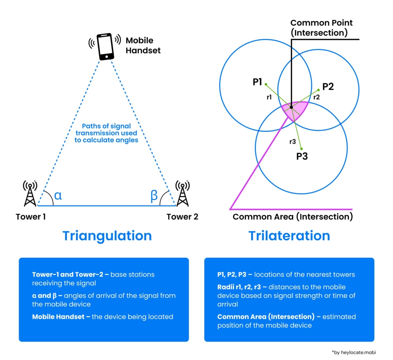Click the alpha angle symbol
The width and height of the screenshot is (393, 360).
pos(58,195)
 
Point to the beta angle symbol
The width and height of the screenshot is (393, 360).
pos(154,195)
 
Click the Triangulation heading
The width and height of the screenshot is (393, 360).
pos(107,236)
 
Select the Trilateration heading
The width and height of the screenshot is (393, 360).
pos(289,236)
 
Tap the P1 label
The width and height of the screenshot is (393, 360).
pos(257,82)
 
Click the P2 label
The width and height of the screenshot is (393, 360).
pos(328,86)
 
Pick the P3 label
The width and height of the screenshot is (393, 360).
pos(302,157)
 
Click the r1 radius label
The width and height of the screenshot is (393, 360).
pos(269,97)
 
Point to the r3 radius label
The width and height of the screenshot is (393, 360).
pos(293,142)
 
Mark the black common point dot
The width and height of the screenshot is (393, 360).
pos(291,107)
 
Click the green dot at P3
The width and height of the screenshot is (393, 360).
pos(301,149)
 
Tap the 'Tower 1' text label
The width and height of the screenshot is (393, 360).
pos(31,217)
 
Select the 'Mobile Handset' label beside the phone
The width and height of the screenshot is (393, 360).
pos(143,45)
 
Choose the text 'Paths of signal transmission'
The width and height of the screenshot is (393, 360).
pos(106,130)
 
